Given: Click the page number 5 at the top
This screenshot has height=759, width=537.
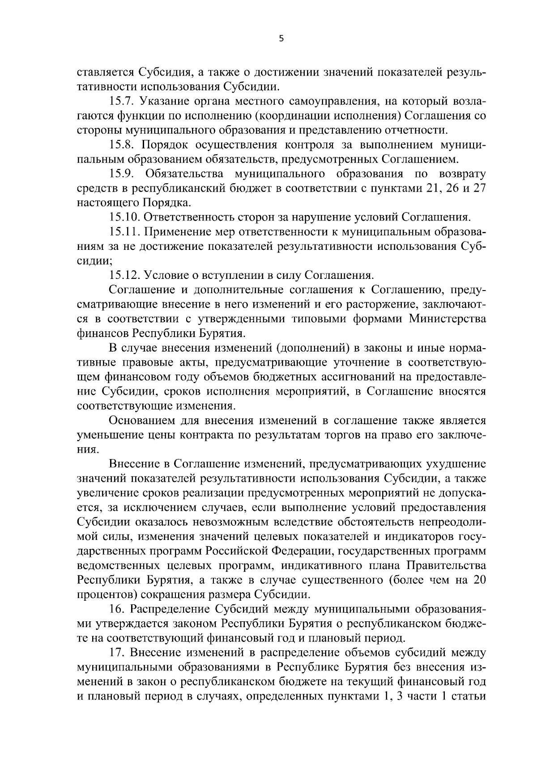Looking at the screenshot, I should (x=281, y=39).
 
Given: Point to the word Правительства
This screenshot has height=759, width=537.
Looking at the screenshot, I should (x=446, y=565).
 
